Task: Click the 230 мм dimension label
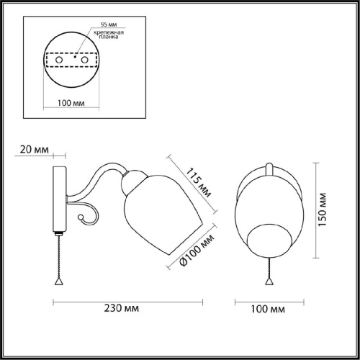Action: pos(121,308)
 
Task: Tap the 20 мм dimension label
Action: pos(34,150)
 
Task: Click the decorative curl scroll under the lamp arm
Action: pos(85,215)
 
